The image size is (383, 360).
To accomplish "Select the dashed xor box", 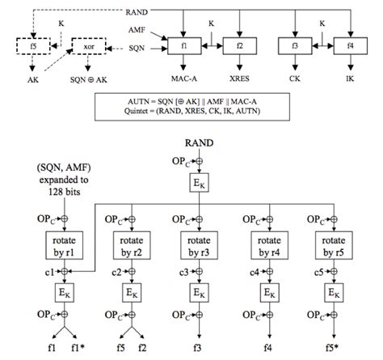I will click(90, 45).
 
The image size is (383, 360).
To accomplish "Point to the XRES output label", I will click(241, 80).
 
